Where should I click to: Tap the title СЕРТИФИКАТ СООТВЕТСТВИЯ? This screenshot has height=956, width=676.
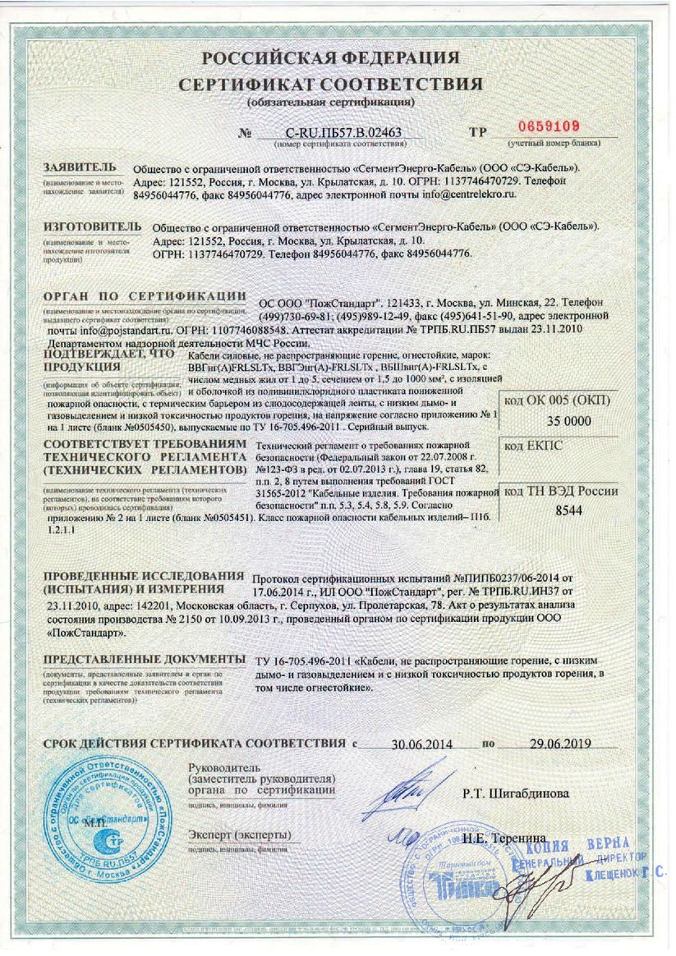[331, 86]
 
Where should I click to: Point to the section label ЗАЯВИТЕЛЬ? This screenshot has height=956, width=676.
[80, 167]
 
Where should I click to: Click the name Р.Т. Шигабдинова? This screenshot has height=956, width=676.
[515, 794]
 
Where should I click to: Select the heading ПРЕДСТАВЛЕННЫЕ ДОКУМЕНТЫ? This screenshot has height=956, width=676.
[145, 660]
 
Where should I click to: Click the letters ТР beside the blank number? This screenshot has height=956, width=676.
[478, 131]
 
